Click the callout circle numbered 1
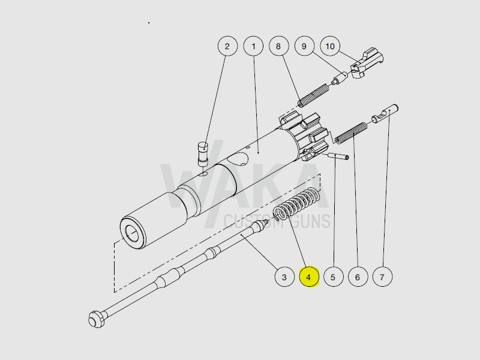pos(254,46)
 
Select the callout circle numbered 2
pos(227,46)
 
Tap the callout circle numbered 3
pos(284,277)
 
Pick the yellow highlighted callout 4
pos(308,277)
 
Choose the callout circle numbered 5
pos(333,277)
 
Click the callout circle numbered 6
pos(358,277)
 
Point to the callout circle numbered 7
pos(382,277)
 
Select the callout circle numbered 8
pos(278,46)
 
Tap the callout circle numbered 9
pos(304,46)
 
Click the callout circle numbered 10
pos(330,46)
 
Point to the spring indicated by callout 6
pos(352,133)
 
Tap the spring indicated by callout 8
pos(313,95)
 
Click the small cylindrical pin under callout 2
pos(203,153)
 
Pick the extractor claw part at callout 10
pos(367,64)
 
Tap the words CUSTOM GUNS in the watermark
pos(277,221)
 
